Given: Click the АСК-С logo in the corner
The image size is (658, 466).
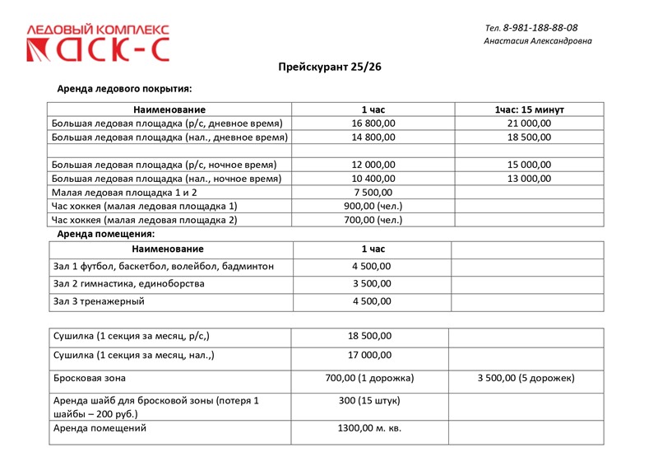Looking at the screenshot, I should pos(99,44).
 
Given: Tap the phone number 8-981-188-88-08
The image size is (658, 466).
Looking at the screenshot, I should pos(540,27).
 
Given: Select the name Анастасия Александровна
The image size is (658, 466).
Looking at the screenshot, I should pos(537,41).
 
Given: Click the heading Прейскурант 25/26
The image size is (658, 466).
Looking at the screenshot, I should pos(329,67).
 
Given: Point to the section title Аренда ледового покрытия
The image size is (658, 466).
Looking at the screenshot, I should pos(124,88).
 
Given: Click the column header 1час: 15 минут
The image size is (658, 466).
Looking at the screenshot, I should pos(529,110).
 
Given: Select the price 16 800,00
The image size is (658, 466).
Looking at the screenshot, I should pos(373,123).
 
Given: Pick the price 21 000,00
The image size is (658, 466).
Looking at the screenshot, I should pos(529,123).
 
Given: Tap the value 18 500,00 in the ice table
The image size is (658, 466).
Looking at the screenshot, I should pos(529,137).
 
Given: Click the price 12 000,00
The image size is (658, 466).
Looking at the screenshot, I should pos(373,165).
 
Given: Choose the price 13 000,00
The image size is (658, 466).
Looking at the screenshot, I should pos(529,179).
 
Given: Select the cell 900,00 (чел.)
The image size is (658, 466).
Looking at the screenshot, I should pos(373,206).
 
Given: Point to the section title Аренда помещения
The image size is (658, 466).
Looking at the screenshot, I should pos(105,234).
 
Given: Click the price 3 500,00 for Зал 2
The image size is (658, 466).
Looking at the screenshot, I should pos(372,283).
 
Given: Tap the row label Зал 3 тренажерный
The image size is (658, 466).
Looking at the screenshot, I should pos(99,301).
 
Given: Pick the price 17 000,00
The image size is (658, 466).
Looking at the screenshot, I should pos(370,356).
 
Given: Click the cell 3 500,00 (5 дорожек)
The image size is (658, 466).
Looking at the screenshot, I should pos(526,379).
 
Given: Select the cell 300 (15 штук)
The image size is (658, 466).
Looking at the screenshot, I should pos(370,401).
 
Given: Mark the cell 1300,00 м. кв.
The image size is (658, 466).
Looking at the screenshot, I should pos(370,428).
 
